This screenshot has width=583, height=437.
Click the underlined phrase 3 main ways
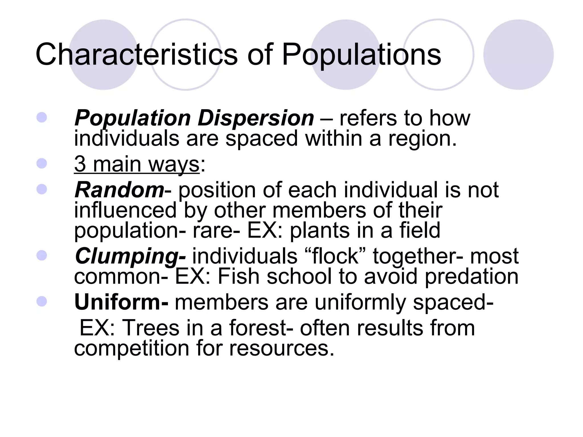[137, 164]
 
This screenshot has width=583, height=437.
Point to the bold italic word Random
[119, 190]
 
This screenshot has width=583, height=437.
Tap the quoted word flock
[335, 256]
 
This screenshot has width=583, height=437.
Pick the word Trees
[151, 328]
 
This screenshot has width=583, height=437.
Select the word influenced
[125, 210]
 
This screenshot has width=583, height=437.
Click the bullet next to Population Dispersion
[42, 118]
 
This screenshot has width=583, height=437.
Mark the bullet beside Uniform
[42, 301]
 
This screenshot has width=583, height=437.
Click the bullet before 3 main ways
[42, 164]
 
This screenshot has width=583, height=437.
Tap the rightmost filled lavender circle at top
[518, 54]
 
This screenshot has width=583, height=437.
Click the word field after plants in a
[420, 230]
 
